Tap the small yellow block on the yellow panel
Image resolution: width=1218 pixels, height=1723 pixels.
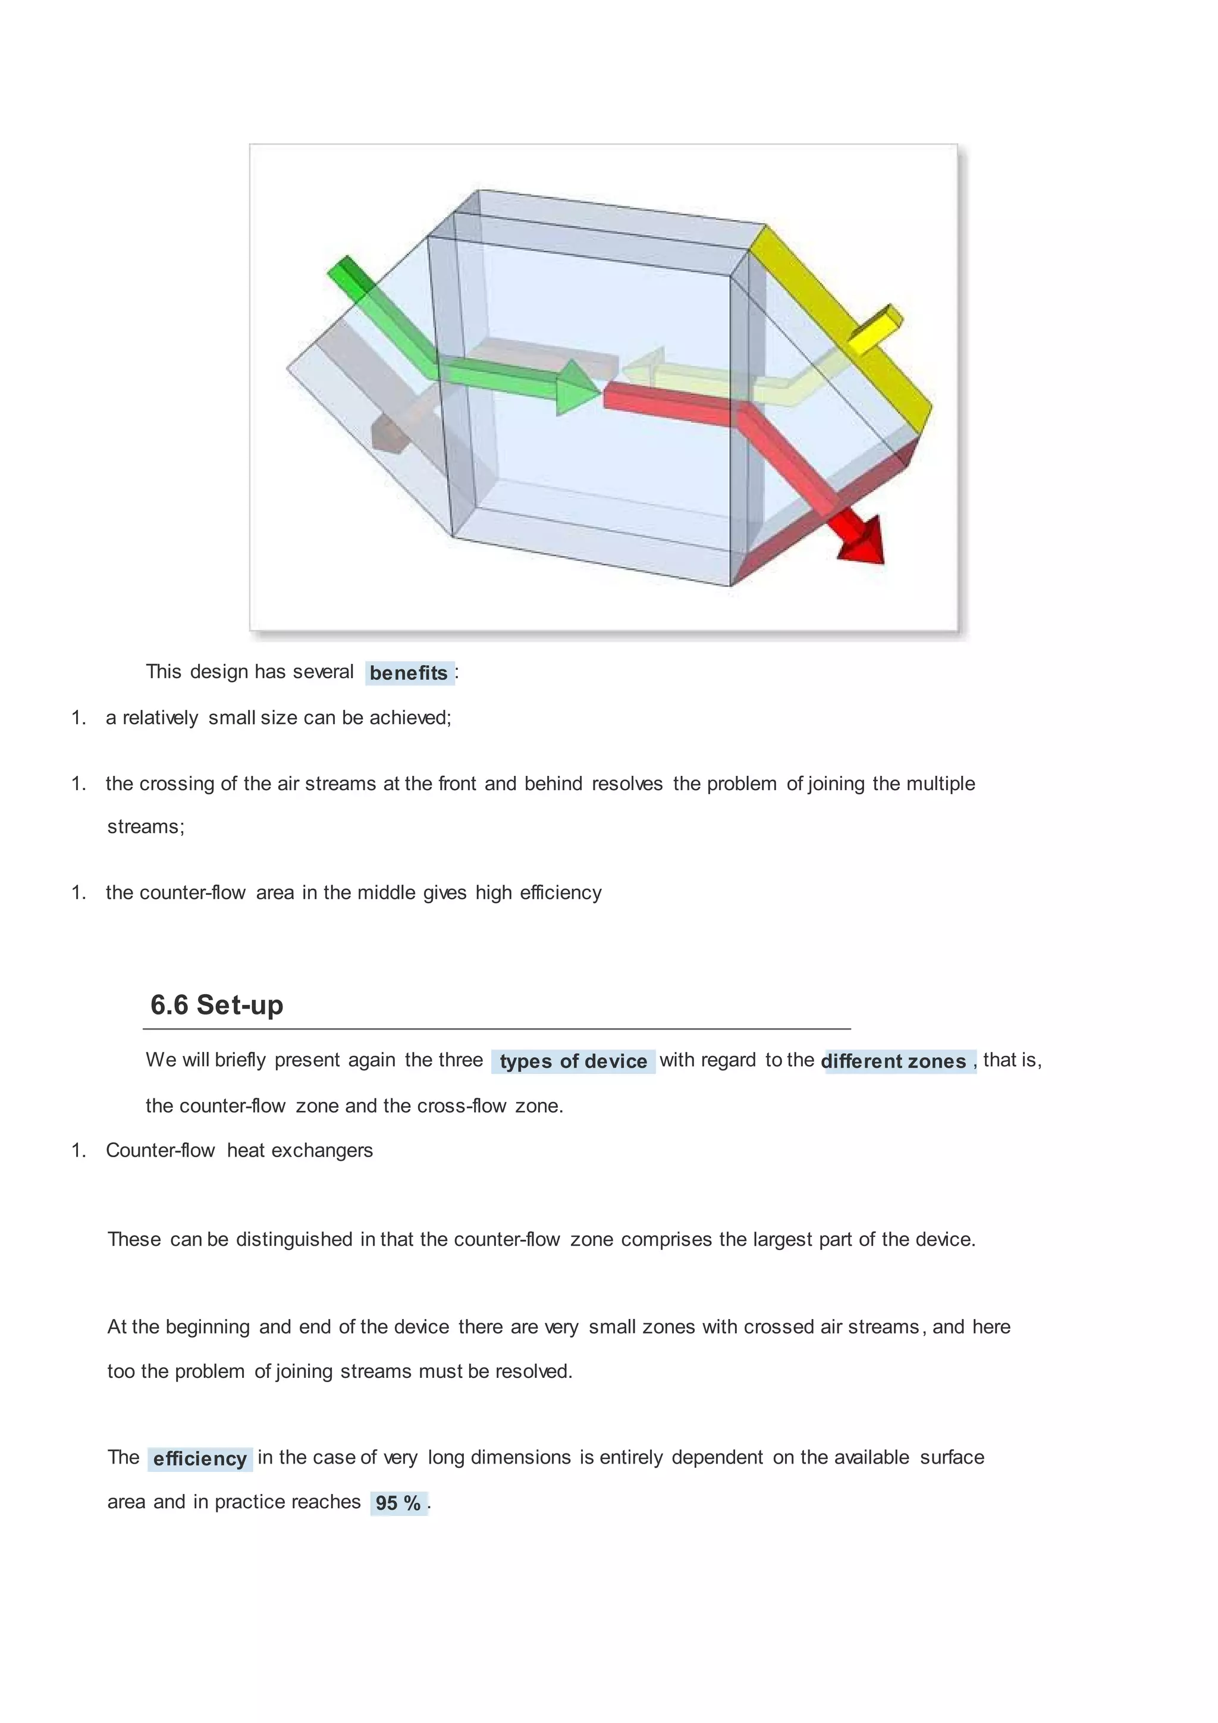[x=874, y=330]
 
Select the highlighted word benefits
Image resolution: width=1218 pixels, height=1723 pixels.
[x=409, y=673]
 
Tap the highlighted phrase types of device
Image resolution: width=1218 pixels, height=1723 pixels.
[x=573, y=1061]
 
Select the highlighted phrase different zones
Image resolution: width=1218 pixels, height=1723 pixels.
[x=894, y=1061]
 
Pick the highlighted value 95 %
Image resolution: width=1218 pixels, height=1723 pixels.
[x=398, y=1503]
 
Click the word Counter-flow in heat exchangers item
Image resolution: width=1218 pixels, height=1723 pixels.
[x=161, y=1151]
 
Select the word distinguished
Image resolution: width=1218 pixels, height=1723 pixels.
[x=294, y=1240]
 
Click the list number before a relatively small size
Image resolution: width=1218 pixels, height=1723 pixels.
[x=79, y=718]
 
